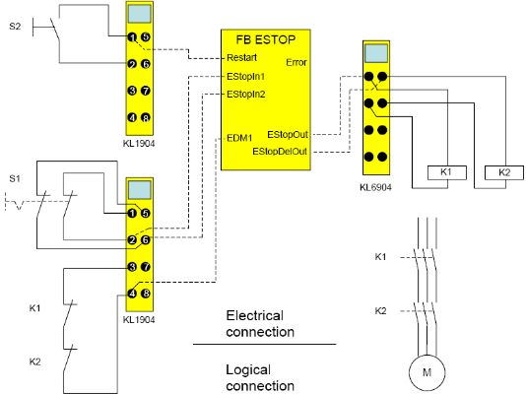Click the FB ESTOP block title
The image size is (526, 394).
coord(265,39)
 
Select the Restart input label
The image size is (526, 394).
coord(242,58)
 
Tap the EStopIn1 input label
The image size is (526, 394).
coord(246,77)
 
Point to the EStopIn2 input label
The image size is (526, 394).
coord(246,95)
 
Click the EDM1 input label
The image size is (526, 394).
coord(239,138)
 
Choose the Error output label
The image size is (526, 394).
coord(296,62)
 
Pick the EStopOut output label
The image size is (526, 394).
coord(288,135)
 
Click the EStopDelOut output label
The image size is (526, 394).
coord(280,152)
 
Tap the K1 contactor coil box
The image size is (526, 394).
coord(447,172)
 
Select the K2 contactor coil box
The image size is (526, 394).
coord(504,172)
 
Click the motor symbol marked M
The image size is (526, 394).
coord(427,372)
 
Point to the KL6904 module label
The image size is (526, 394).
coord(375,187)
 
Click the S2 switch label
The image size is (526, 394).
coord(15,27)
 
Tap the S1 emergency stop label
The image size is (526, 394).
coord(15,178)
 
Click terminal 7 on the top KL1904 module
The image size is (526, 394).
coord(145,91)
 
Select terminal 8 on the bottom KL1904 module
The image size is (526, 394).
coord(145,294)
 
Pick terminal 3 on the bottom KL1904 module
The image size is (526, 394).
coord(132,267)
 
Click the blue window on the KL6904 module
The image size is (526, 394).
coord(376,53)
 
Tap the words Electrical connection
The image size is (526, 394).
coord(260,324)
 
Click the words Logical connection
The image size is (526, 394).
coord(260,378)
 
